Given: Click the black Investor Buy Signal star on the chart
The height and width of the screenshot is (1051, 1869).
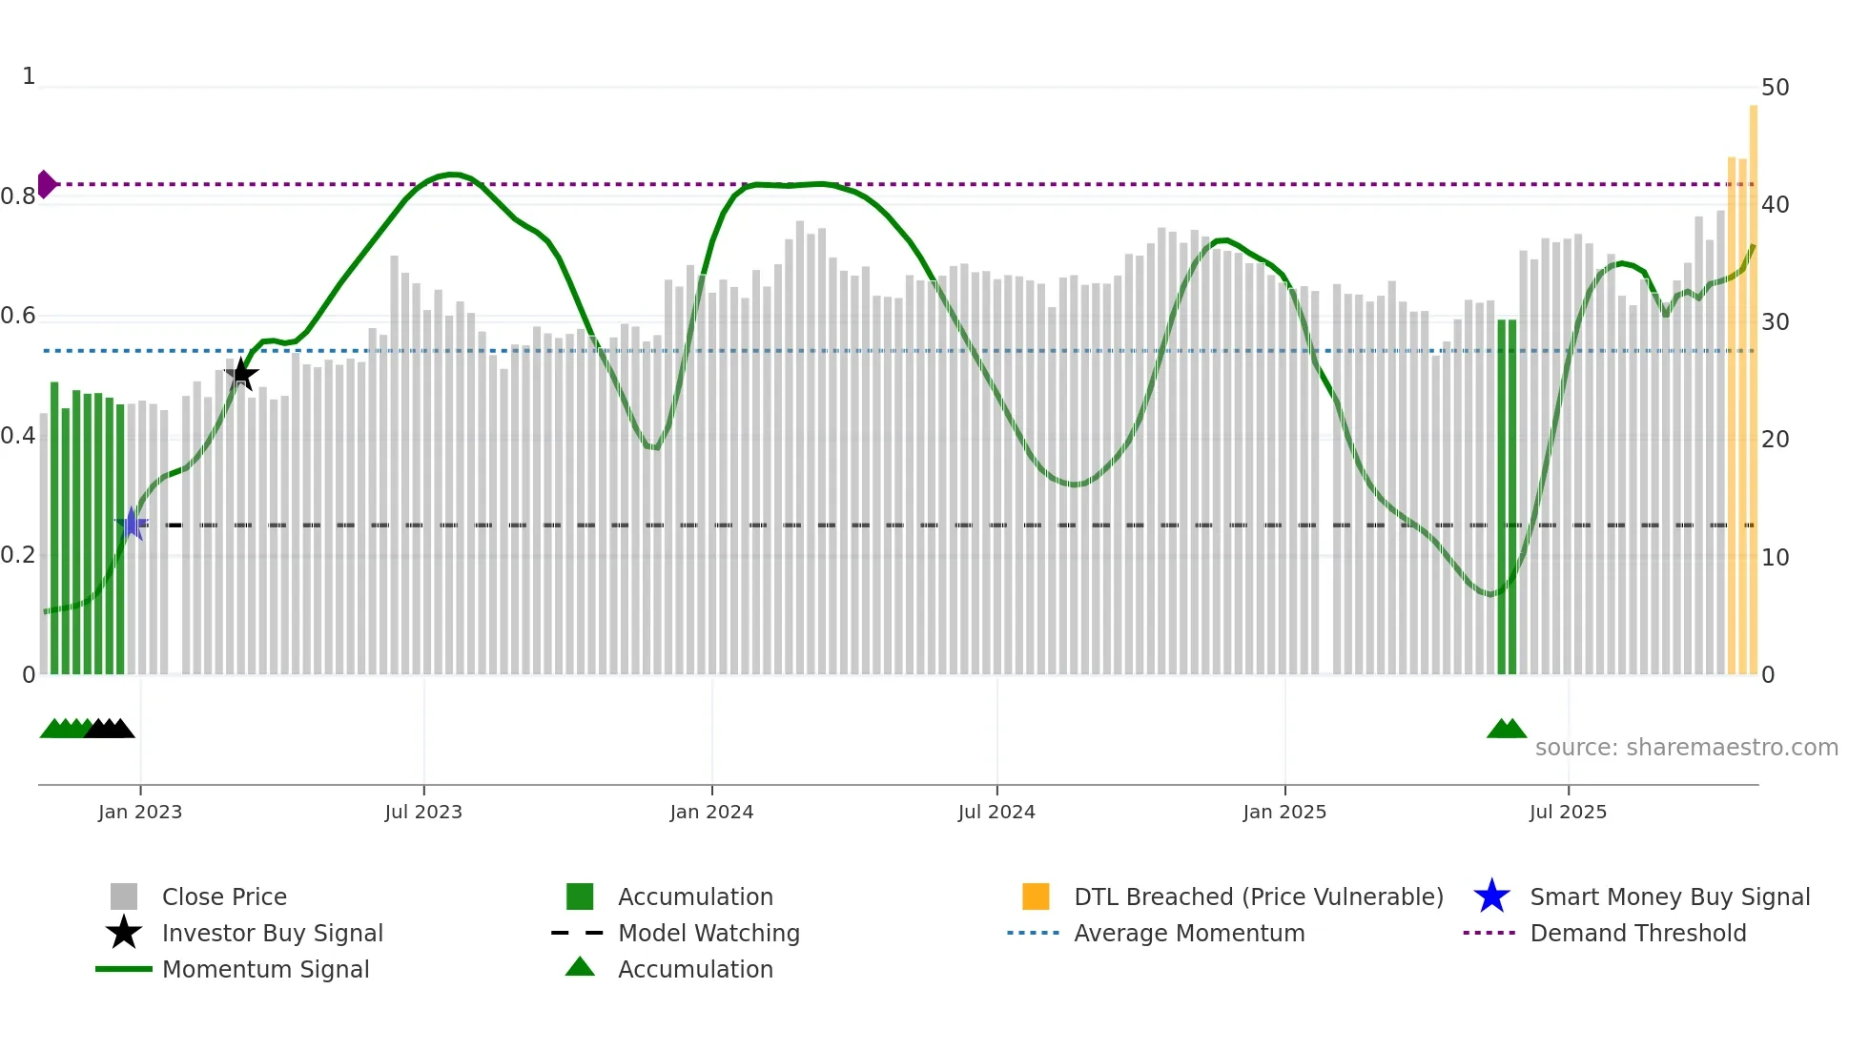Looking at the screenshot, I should (241, 374).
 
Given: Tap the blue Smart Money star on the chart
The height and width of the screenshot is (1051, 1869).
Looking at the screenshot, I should (132, 524).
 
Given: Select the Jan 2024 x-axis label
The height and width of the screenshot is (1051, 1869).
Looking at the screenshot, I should (711, 812).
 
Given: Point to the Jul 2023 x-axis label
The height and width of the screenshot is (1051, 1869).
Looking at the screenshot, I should (423, 812).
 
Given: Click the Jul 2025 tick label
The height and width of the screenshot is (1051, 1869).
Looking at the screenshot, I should (1568, 812).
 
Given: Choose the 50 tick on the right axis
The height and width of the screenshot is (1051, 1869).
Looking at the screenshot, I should (1775, 88).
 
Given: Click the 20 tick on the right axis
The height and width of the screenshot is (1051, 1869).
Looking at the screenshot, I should (1775, 440).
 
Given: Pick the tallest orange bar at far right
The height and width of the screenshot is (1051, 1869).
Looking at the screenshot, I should (1753, 381).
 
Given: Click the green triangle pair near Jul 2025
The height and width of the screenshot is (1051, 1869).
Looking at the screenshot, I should (1507, 729).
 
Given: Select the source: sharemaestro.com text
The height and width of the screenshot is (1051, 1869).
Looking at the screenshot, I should (1686, 748).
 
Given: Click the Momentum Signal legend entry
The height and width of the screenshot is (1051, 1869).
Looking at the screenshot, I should (265, 969).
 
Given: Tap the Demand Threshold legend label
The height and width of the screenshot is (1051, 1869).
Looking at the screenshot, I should (1637, 933).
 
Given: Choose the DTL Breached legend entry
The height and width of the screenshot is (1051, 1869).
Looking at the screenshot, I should (1258, 896).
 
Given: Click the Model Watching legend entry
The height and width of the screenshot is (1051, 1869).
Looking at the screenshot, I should (708, 933).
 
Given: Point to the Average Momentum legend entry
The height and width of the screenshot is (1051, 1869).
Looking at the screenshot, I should (1188, 933).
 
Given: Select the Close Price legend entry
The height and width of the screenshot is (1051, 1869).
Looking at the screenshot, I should (223, 896).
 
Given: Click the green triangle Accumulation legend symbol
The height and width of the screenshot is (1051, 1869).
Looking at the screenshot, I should (580, 967).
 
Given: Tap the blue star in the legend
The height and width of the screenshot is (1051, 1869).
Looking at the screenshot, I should (1491, 896).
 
